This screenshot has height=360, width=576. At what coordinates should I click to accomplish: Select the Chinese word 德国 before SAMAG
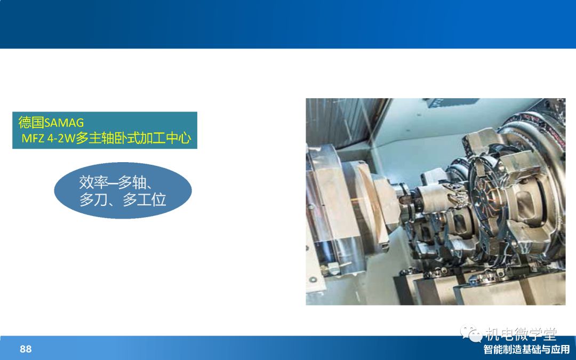tap(31, 122)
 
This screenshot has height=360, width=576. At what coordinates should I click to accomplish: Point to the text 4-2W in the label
tap(61, 139)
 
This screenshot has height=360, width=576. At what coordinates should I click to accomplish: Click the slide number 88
tap(26, 349)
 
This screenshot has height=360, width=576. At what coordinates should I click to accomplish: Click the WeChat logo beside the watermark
tap(471, 333)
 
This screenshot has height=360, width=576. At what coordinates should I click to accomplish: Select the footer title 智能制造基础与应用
tap(526, 349)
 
